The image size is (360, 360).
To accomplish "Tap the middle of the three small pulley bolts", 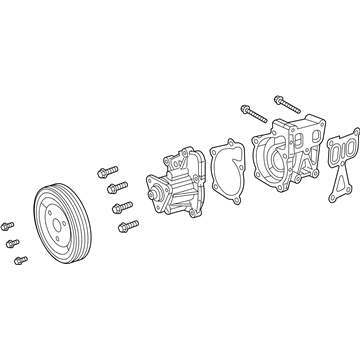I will pos(13,243).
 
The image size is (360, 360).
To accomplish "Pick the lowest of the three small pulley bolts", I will pos(21,260).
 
